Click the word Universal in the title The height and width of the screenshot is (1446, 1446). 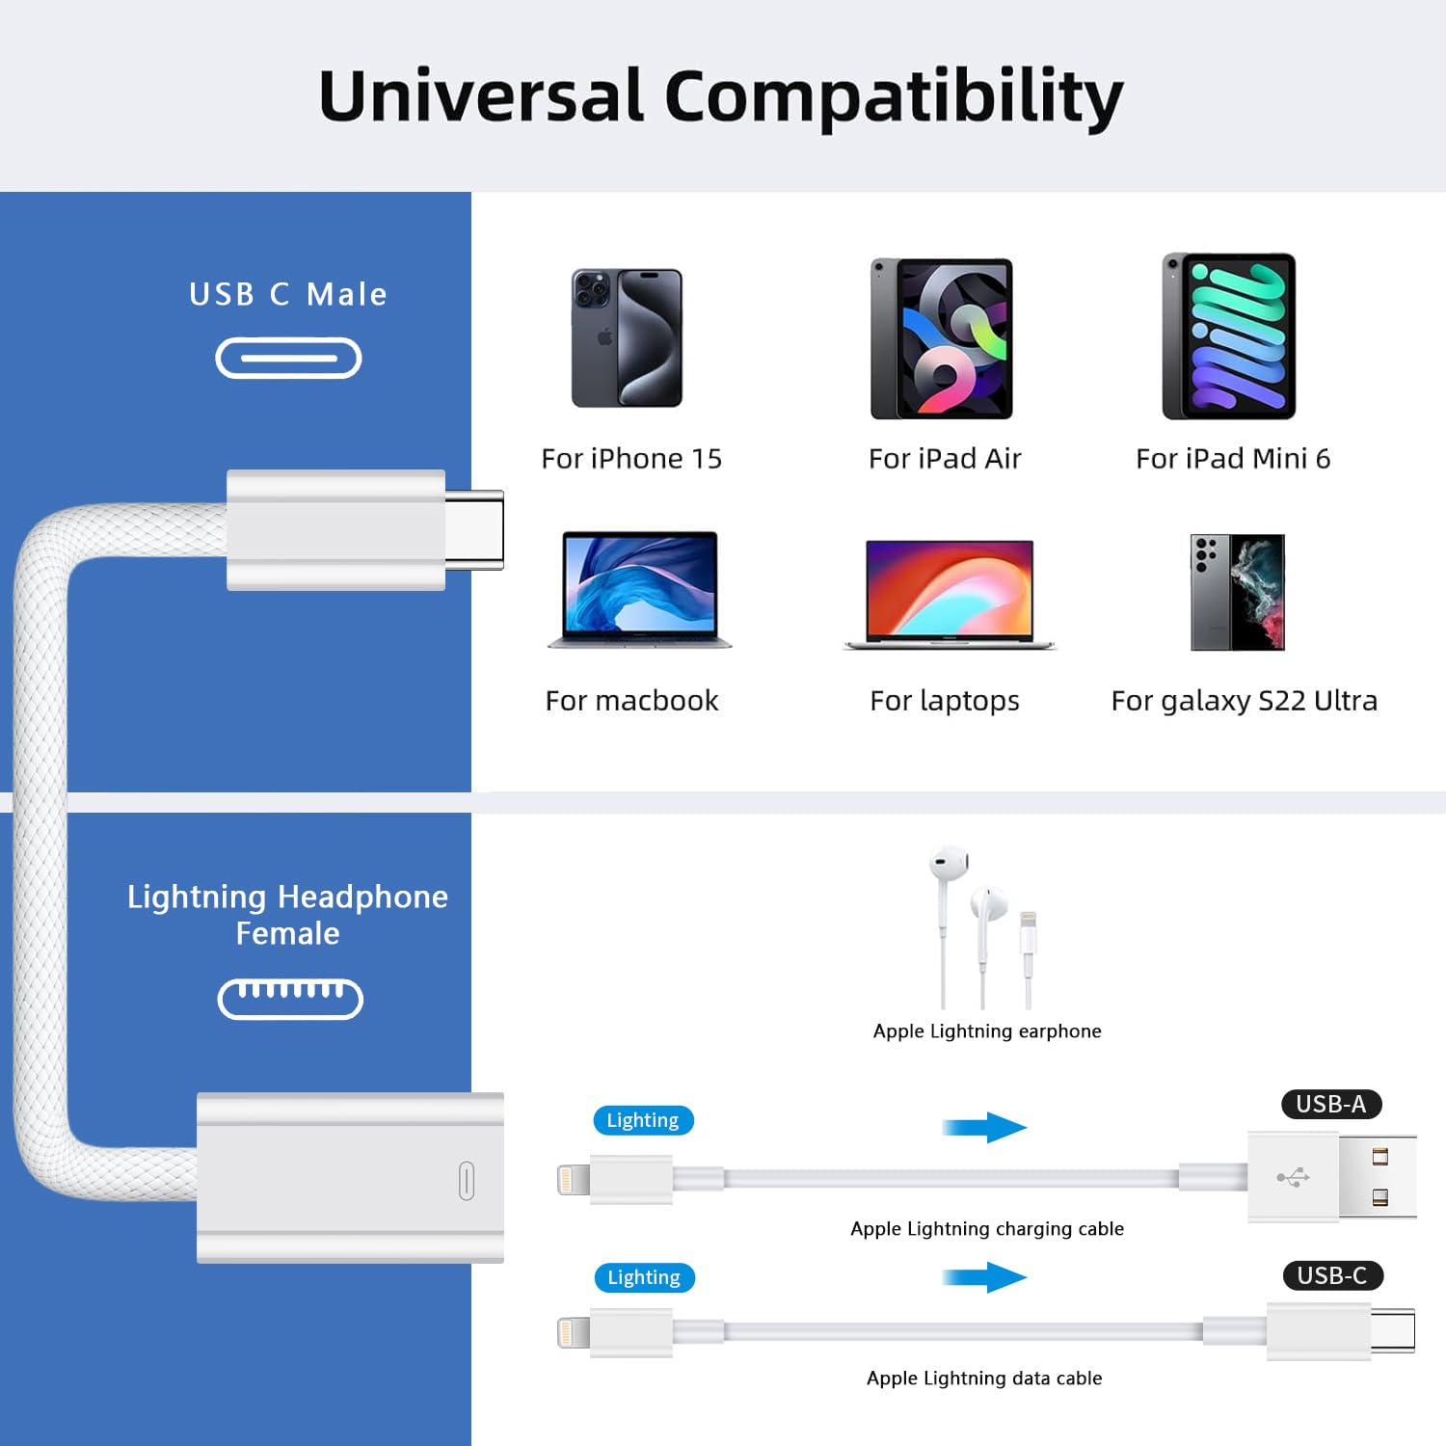[x=480, y=96]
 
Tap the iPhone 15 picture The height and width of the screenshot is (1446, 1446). [x=627, y=337]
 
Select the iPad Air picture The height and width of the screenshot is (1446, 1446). [x=941, y=338]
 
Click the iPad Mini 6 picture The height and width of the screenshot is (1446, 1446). [x=1229, y=336]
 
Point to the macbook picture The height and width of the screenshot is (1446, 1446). [x=639, y=589]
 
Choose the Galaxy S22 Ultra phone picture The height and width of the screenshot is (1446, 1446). [x=1238, y=592]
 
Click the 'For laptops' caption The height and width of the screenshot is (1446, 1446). [x=944, y=701]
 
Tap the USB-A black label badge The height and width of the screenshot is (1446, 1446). [x=1330, y=1104]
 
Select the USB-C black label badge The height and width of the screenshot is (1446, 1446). [x=1332, y=1275]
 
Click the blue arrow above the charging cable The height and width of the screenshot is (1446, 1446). [x=984, y=1127]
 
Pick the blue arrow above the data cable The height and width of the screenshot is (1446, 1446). [x=984, y=1278]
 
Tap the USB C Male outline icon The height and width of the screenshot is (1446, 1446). [x=288, y=359]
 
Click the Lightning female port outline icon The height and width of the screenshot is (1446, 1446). [x=290, y=999]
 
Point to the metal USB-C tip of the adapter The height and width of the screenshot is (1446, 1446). [x=474, y=529]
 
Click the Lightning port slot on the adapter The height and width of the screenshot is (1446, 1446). [x=467, y=1181]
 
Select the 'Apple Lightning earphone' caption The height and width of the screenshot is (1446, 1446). [x=986, y=1031]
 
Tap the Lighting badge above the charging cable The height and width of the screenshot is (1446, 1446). [x=643, y=1120]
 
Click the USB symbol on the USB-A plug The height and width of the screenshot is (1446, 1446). [x=1293, y=1177]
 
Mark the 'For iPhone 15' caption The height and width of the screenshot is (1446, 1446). [x=631, y=459]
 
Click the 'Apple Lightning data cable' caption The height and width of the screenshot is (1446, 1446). [x=983, y=1379]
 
